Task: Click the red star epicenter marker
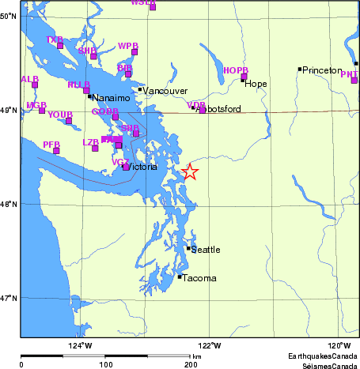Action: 190,171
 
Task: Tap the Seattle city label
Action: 206,250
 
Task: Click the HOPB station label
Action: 235,71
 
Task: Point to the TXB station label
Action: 54,40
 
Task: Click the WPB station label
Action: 127,46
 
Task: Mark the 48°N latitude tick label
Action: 9,204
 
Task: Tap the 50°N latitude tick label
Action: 9,16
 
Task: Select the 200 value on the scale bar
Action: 190,365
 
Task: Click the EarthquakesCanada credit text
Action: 320,356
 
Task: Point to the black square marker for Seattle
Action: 188,248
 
